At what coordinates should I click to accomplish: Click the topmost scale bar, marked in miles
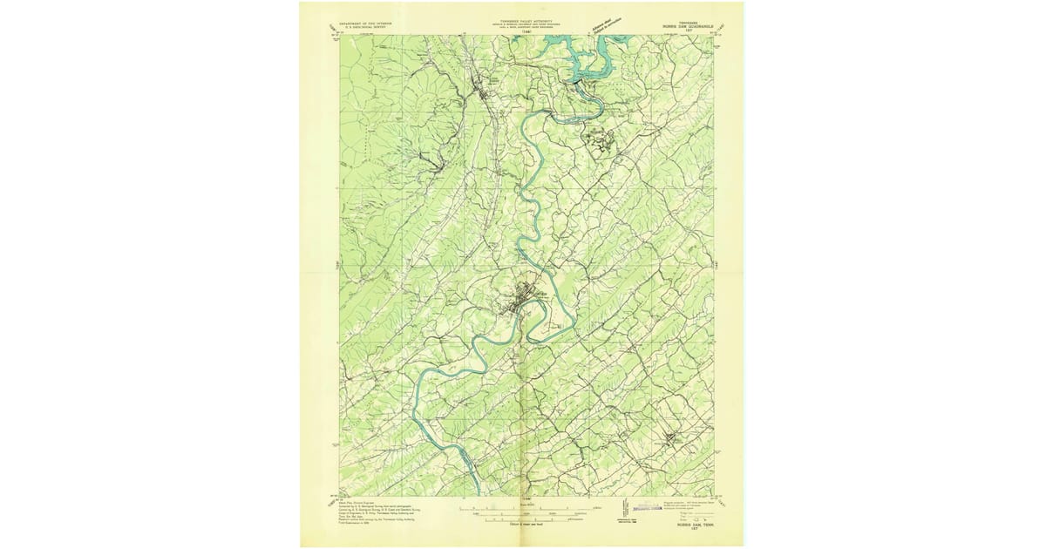(x=527, y=507)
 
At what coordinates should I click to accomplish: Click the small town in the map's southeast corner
(x=672, y=438)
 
